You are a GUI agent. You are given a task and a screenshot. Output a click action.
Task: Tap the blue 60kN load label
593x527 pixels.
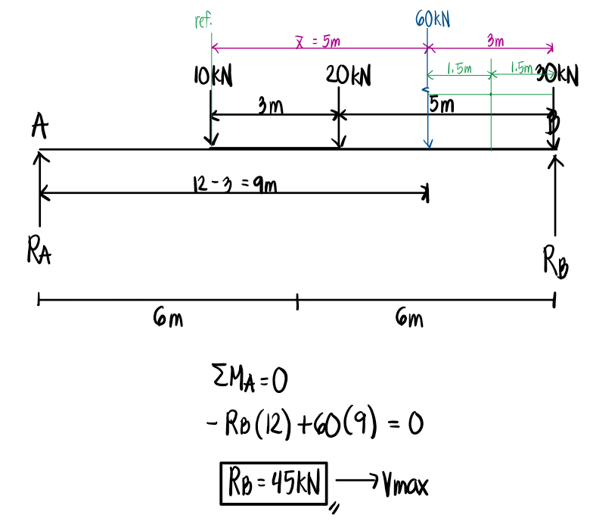click(433, 17)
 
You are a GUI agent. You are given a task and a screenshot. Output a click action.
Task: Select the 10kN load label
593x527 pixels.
click(213, 76)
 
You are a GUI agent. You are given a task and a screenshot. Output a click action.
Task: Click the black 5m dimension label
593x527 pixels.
click(443, 104)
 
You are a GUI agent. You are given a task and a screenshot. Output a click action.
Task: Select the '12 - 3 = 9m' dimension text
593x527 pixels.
click(232, 184)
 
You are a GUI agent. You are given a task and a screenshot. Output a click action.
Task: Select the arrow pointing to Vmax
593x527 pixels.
click(352, 480)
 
